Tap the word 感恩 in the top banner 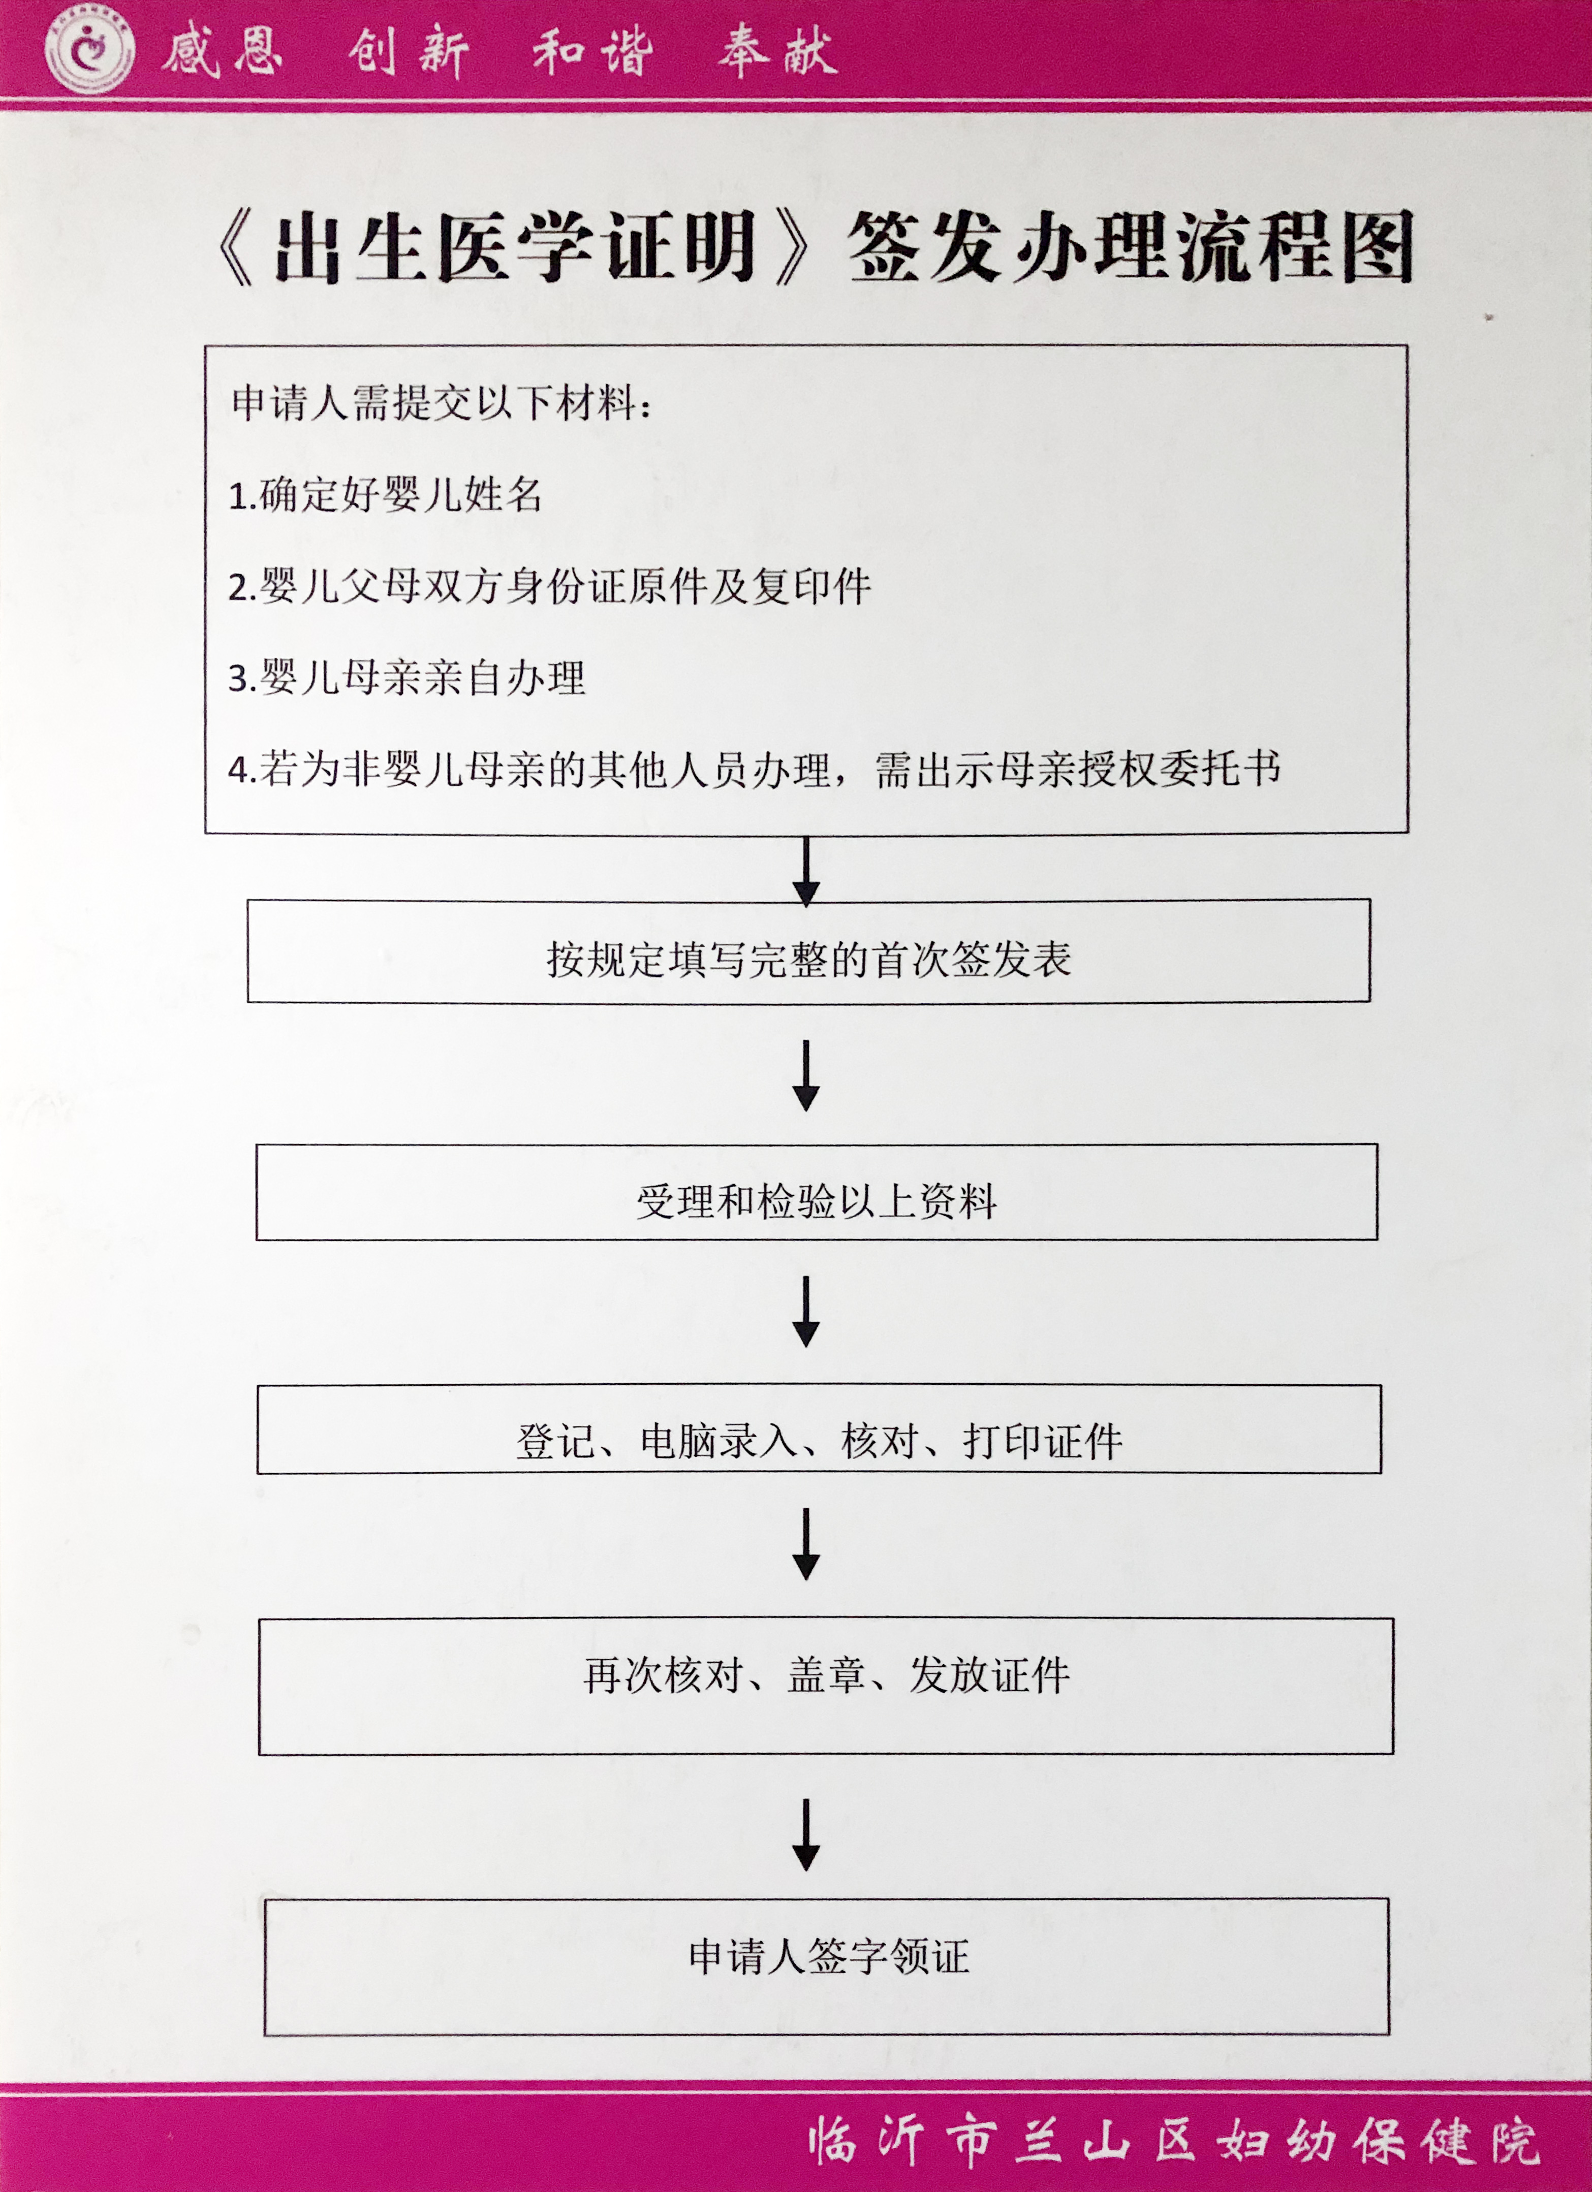(222, 50)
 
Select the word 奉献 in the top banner (777, 50)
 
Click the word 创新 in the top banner (409, 50)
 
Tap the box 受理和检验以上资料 (817, 1192)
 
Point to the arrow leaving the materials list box (806, 871)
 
